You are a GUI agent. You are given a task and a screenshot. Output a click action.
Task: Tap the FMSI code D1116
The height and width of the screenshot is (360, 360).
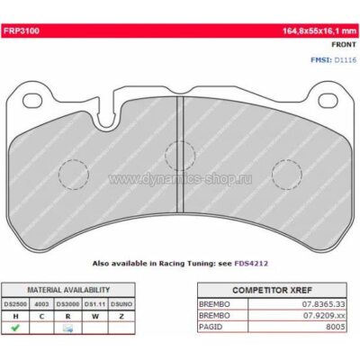pyautogui.click(x=343, y=59)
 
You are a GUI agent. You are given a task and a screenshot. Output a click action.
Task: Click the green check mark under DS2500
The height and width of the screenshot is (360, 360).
pyautogui.click(x=14, y=328)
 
